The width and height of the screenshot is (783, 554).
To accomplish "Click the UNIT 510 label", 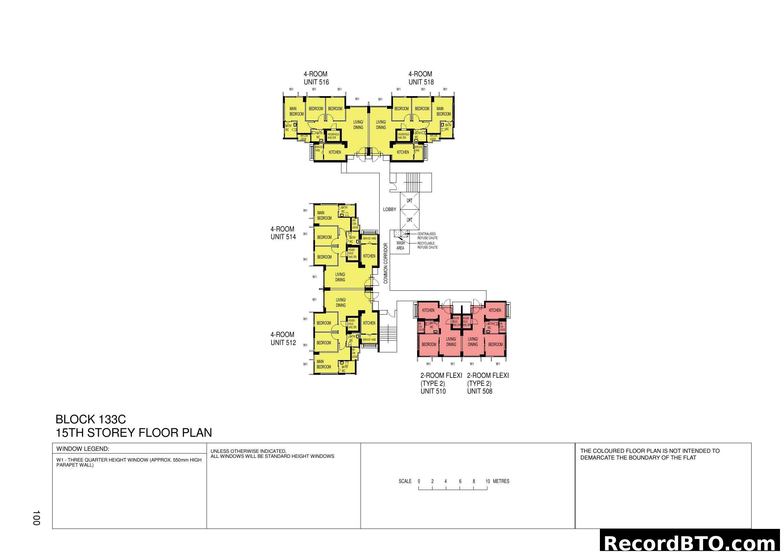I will (433, 391).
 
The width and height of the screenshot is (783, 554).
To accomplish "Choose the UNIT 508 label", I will (479, 391).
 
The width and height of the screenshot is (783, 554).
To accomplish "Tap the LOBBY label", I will (389, 209).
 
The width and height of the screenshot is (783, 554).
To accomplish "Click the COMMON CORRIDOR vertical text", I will (386, 263).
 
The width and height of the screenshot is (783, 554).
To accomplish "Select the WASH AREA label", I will (400, 246).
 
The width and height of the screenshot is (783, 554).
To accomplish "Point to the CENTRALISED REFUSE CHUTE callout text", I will (427, 236).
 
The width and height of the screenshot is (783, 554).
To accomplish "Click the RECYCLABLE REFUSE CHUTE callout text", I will (427, 245).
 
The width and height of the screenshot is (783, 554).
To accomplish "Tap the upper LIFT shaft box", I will (409, 201).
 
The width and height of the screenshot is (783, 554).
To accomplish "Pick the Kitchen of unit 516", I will (334, 152).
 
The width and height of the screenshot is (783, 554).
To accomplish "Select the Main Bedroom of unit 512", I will (323, 364).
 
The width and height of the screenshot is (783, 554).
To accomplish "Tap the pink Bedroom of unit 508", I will (495, 345).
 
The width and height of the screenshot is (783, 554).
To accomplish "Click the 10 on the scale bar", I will (488, 481).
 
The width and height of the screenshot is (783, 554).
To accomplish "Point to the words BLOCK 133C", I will (91, 419).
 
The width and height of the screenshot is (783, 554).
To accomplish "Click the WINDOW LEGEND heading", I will (83, 449).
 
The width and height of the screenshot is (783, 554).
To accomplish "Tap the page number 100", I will (36, 518).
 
